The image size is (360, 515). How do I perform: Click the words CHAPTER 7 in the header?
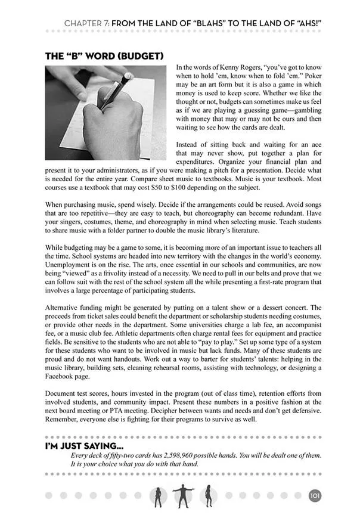pos(86,23)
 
